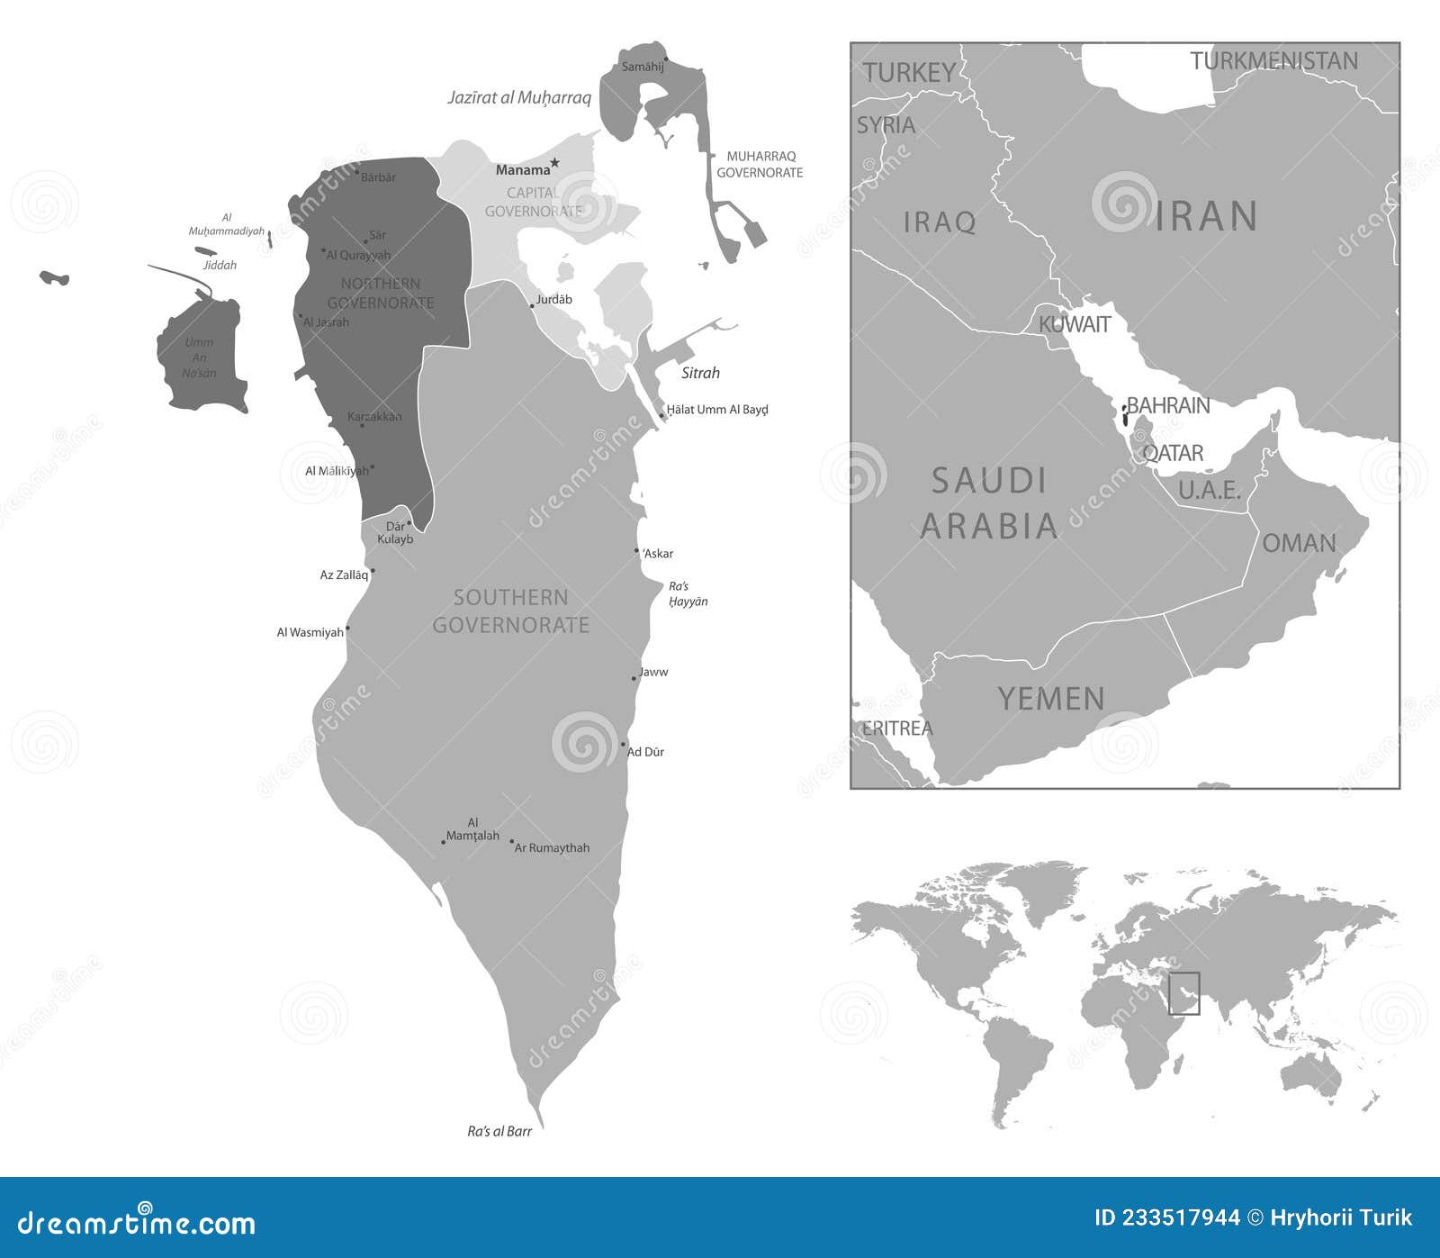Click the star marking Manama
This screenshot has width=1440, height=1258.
554,163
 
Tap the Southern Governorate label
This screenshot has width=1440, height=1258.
510,611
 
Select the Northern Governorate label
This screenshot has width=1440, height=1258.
380,294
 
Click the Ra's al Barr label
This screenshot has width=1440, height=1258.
499,1131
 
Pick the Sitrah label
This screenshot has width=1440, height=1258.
700,373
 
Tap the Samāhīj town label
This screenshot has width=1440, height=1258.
643,67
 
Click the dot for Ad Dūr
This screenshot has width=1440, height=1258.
623,745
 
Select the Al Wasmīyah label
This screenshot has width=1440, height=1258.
310,632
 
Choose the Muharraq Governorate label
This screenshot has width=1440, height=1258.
760,164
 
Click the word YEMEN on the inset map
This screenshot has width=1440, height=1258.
1050,699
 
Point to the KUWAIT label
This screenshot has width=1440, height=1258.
1075,324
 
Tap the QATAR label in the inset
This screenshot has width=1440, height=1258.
1173,453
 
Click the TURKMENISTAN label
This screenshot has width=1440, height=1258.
1273,61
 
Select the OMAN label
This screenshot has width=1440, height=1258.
1299,543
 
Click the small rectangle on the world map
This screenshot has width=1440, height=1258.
1184,993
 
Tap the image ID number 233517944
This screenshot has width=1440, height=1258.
1166,1218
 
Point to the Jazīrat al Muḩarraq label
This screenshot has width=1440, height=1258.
519,97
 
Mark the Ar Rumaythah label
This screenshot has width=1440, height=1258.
552,847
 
